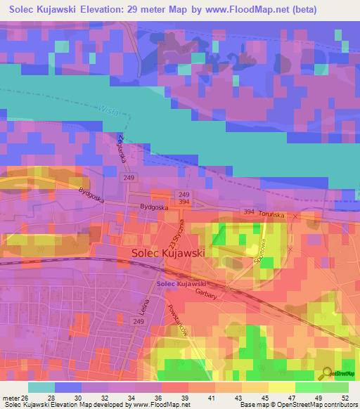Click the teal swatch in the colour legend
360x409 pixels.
[41, 387]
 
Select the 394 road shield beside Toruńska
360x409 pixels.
[249, 211]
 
